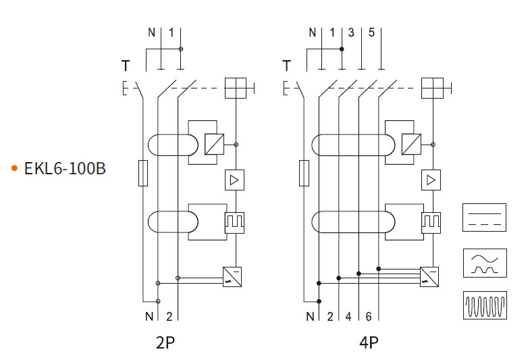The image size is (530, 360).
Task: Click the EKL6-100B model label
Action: [65, 169]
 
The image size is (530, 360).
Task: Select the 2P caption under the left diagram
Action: [165, 342]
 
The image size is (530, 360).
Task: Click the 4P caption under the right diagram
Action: [369, 342]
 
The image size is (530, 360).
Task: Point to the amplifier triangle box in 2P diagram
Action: [234, 180]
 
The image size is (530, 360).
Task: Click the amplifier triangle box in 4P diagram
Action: [430, 180]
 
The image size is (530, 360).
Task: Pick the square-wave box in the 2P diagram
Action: [234, 222]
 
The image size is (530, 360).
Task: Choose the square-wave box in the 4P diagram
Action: [430, 222]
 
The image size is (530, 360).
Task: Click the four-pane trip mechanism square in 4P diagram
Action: [431, 88]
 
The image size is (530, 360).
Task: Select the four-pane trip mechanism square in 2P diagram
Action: [234, 88]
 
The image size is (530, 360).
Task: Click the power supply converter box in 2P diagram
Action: [232, 277]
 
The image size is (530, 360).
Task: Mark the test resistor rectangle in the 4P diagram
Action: [304, 173]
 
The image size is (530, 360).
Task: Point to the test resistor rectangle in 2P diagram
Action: [142, 173]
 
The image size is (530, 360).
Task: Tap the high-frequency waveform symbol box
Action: [484, 305]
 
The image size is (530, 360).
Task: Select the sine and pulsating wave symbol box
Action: [484, 262]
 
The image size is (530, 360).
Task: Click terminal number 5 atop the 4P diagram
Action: [371, 32]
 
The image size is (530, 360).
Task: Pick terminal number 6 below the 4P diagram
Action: [368, 316]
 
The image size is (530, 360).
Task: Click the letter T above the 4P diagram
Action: [287, 66]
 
